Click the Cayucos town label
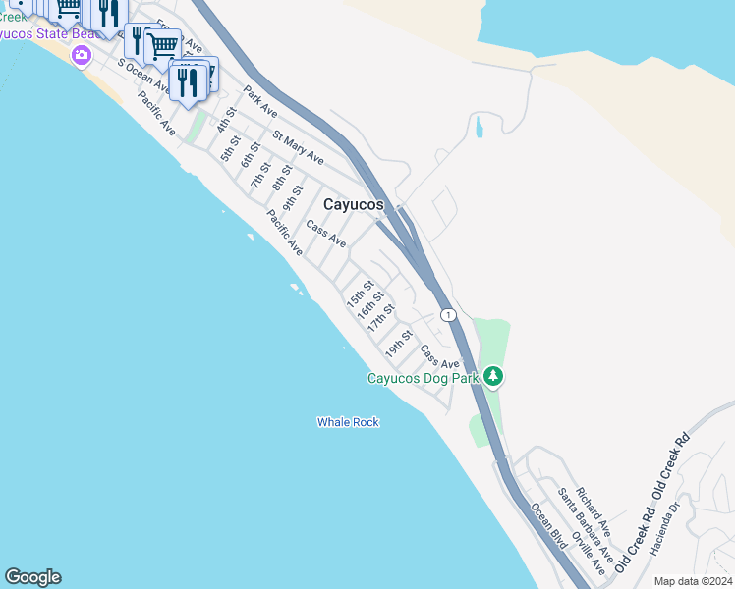(355, 203)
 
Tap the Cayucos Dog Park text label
(423, 378)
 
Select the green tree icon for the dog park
(493, 377)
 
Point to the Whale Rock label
(348, 422)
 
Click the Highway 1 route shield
(448, 315)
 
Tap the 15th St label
(360, 294)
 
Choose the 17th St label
(381, 317)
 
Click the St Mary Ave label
(299, 146)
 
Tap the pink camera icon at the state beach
(82, 56)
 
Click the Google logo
(32, 577)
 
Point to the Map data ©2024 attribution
(692, 581)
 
